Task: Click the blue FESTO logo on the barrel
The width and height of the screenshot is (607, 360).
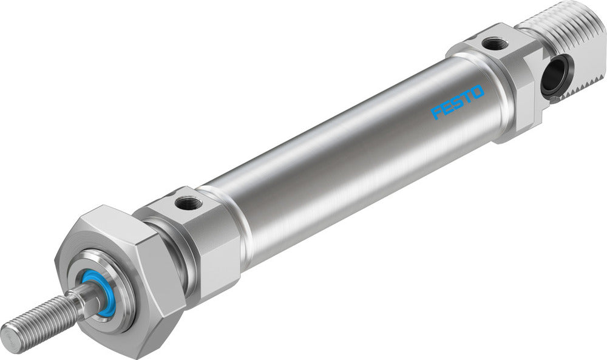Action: pos(457,102)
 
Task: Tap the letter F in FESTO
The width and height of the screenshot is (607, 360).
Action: pos(436,113)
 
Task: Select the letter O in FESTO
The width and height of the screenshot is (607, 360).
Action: pos(477,92)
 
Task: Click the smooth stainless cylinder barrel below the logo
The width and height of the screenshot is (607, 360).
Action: pos(364,182)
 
